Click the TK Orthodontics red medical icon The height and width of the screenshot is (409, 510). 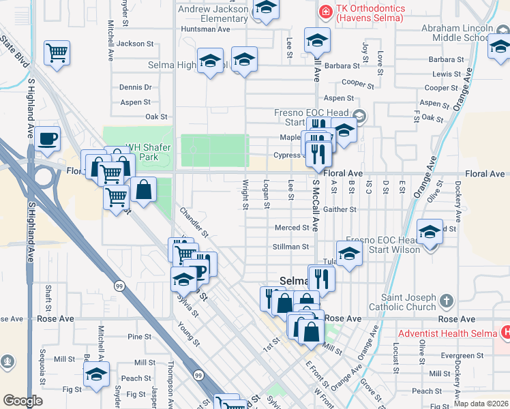[326, 12]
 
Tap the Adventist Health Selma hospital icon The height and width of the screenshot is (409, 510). [505, 333]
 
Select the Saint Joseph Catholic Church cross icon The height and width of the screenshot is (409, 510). [446, 301]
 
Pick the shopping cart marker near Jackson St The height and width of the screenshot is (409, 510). [57, 52]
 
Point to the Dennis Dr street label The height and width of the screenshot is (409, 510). [135, 87]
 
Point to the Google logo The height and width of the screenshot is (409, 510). [22, 401]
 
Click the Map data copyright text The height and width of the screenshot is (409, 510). [481, 404]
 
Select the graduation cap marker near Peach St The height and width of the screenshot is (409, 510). [96, 375]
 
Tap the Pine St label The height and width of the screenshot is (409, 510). [139, 337]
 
